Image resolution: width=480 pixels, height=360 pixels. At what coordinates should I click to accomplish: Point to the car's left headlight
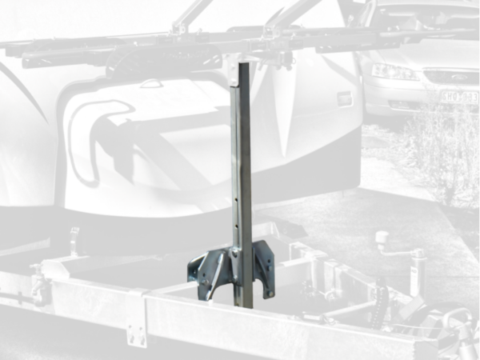394,72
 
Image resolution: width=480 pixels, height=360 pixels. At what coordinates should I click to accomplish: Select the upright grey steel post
242,176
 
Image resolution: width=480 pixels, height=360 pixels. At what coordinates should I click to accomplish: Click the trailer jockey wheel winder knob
382,238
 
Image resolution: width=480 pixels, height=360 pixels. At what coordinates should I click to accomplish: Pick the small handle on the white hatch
149,84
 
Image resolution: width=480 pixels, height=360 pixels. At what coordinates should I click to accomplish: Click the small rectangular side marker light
344,98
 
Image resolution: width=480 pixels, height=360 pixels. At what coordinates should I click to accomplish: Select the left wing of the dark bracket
204,272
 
